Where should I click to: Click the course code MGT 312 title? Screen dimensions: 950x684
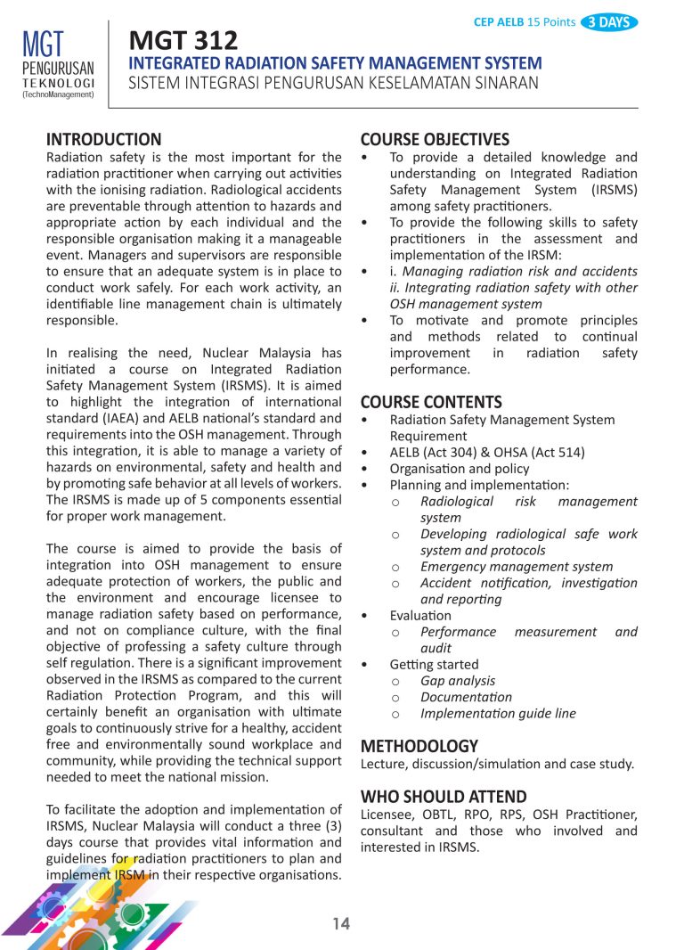[183, 40]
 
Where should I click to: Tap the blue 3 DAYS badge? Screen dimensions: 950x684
[609, 22]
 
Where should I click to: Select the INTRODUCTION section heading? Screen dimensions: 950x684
[103, 139]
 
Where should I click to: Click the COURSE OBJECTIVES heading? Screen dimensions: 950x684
[435, 139]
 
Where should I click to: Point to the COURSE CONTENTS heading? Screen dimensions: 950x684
[431, 402]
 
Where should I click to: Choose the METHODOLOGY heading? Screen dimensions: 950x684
[419, 746]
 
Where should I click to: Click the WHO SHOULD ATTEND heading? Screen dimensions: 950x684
[443, 797]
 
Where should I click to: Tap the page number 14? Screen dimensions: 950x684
[341, 924]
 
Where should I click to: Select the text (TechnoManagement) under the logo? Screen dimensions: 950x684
[58, 93]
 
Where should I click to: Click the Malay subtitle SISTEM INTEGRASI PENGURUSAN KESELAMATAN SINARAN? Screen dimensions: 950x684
[334, 84]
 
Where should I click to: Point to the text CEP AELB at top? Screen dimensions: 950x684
[500, 22]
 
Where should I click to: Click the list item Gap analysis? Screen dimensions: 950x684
[458, 681]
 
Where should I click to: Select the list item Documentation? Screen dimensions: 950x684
[466, 697]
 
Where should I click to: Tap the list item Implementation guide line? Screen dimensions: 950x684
[498, 713]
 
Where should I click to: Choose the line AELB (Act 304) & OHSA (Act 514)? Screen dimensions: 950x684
[486, 453]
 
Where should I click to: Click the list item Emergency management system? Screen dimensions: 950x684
[516, 567]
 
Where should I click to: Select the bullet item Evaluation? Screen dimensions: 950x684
[419, 616]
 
